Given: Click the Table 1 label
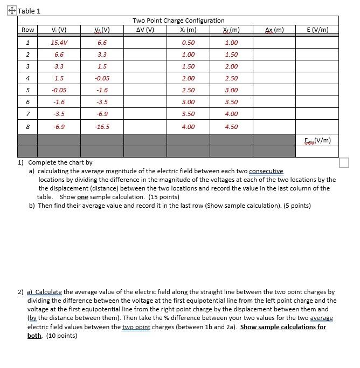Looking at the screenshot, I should tap(29, 11).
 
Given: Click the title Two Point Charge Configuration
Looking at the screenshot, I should tap(178, 21).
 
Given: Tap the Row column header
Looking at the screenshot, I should tap(27, 30).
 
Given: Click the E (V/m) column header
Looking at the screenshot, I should tap(316, 30).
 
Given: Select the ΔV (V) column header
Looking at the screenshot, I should tap(146, 30).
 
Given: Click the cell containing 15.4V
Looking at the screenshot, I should tap(59, 42).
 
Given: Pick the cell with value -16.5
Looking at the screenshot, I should tap(102, 127).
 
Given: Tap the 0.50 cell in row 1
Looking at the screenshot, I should tap(188, 42).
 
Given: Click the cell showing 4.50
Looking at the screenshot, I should tap(231, 127).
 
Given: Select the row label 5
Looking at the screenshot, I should tap(27, 90).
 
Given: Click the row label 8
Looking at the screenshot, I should tap(27, 127).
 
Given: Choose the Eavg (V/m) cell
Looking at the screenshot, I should tap(317, 141).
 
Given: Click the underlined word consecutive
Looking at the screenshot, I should tap(266, 171).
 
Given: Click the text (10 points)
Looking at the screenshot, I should tap(61, 336).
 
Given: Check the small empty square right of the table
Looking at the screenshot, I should tap(344, 162).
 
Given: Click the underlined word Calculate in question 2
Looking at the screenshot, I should tap(48, 292).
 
